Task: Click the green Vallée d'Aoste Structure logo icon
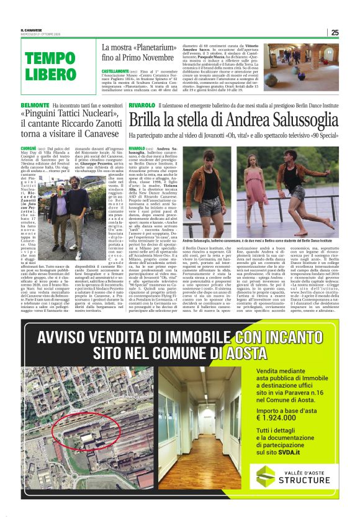click(x=266, y=476)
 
